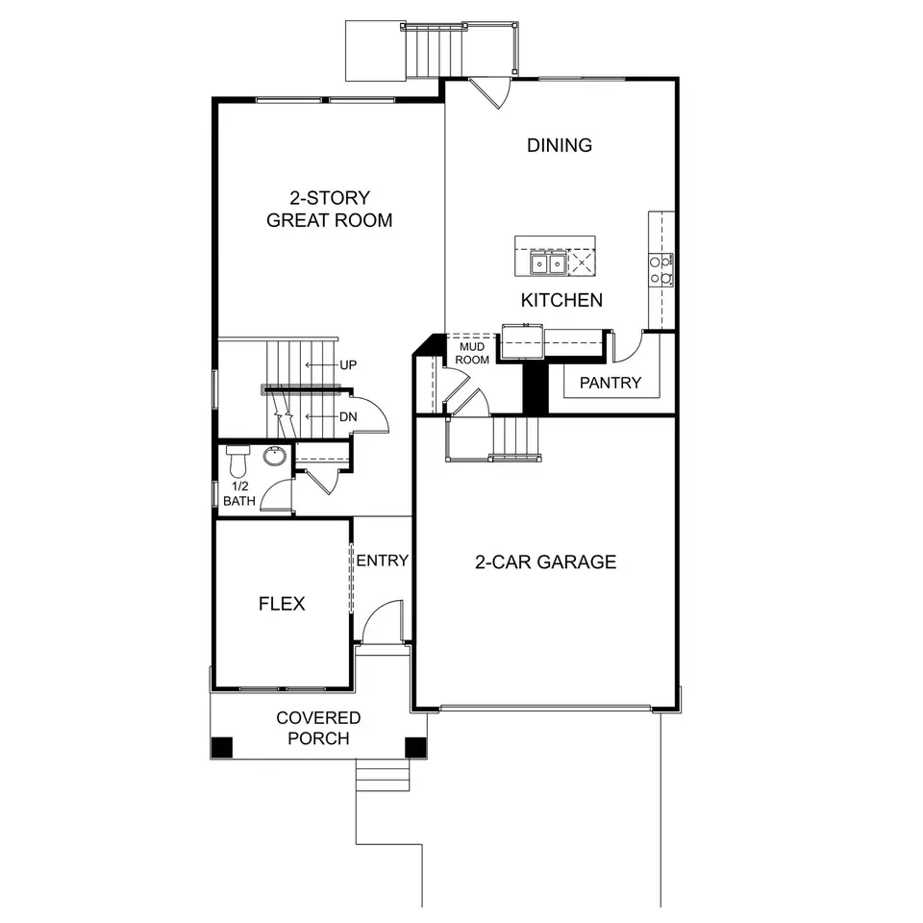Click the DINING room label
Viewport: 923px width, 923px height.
(560, 145)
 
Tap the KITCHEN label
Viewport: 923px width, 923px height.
(561, 300)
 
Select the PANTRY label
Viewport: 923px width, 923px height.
(611, 383)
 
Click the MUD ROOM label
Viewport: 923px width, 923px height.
(472, 353)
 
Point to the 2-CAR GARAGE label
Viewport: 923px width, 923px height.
(546, 562)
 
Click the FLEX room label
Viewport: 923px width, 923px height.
(282, 604)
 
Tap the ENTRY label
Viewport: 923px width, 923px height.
(382, 561)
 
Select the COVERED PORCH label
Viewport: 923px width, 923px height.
(318, 728)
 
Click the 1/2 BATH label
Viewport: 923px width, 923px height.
(239, 493)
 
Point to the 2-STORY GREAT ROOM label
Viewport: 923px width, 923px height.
(330, 209)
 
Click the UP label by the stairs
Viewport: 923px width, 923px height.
(348, 365)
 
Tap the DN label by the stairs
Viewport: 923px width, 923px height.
(348, 416)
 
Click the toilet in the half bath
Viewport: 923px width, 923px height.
(237, 461)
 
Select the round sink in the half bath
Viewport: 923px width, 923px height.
(274, 455)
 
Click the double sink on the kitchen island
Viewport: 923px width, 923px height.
(548, 263)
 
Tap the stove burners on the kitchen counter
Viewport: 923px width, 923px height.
(661, 269)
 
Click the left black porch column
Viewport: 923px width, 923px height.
(222, 748)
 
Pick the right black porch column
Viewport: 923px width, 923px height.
(415, 748)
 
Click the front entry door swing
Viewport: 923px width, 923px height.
(383, 622)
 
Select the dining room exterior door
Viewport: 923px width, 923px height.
(490, 93)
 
